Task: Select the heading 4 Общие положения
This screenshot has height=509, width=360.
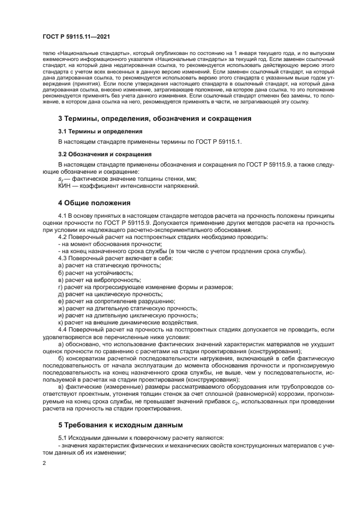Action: pos(94,204)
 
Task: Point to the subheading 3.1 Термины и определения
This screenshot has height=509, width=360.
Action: pos(100,131)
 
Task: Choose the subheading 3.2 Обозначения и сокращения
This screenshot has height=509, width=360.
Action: pos(105,154)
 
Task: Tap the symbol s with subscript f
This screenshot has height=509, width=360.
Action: pos(60,180)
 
